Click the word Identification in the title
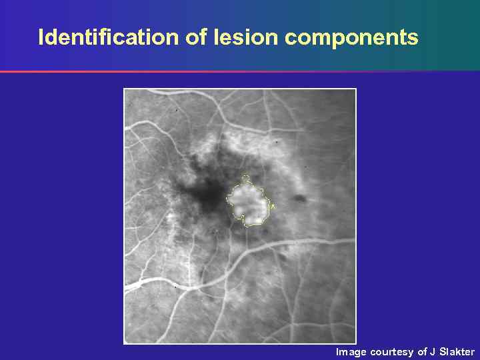(109, 37)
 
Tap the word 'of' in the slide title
(197, 37)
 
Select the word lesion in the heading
(246, 37)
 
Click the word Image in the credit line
(351, 352)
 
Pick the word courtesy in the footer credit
(392, 352)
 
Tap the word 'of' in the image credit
(422, 352)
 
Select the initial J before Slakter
(433, 352)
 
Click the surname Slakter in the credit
(457, 352)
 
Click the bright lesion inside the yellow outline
(249, 201)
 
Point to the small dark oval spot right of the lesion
(299, 199)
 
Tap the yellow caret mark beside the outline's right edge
(272, 207)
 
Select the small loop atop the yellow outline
(245, 178)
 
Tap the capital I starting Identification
(41, 37)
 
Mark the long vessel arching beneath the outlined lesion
(280, 247)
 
